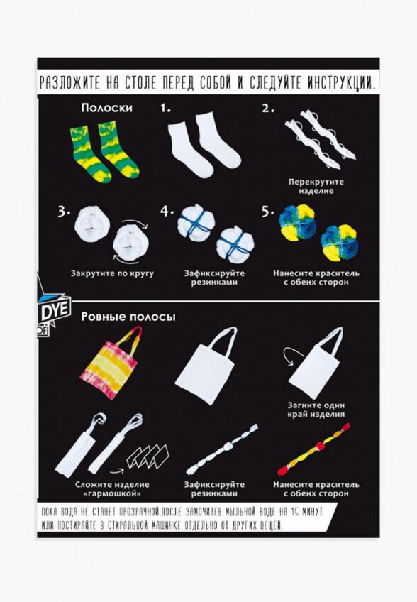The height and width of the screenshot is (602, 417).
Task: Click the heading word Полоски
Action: (106, 108)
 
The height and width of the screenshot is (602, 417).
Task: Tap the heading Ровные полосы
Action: (128, 317)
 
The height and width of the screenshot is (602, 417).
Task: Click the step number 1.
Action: (165, 109)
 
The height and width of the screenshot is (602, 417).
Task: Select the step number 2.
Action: (268, 109)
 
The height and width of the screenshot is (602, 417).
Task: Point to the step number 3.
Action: (64, 212)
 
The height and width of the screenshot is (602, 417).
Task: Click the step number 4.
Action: (167, 212)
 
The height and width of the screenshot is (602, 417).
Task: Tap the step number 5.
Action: (268, 212)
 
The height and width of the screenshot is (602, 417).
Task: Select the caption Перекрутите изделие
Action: (316, 186)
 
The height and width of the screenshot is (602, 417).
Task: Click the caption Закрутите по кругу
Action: (112, 273)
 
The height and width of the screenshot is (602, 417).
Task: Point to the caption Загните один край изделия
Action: (316, 410)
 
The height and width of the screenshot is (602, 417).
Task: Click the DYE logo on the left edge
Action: (54, 310)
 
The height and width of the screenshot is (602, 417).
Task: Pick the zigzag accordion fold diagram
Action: (148, 456)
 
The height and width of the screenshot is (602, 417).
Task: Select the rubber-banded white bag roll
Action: (222, 449)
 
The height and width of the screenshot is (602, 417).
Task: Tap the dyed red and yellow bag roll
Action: (313, 449)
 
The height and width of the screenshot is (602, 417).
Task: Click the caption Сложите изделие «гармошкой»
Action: (112, 488)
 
